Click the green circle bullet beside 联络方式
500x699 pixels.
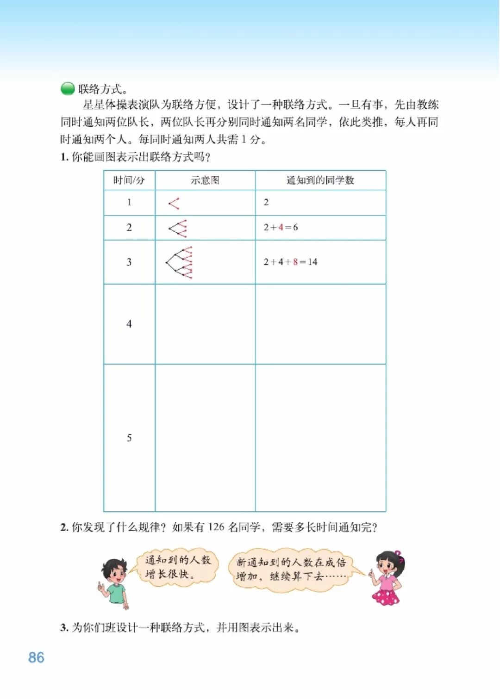(68, 88)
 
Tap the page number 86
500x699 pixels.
(36, 657)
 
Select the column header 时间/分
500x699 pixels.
(129, 180)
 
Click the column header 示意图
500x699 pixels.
(205, 180)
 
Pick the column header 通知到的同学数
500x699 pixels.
(320, 180)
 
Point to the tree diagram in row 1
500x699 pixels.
(174, 203)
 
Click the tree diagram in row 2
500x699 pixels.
(178, 228)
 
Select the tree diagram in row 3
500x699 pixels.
(180, 262)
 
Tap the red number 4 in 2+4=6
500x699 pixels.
(281, 227)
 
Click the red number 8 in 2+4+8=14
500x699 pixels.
(295, 262)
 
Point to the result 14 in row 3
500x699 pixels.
(312, 262)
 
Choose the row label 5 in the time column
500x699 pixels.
(129, 438)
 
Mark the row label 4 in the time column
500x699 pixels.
(129, 324)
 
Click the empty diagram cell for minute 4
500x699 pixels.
(205, 324)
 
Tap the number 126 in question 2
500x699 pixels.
(216, 527)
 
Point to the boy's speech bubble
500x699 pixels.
(178, 567)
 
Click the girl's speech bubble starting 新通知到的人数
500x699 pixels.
(291, 569)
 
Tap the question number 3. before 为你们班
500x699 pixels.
(64, 628)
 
